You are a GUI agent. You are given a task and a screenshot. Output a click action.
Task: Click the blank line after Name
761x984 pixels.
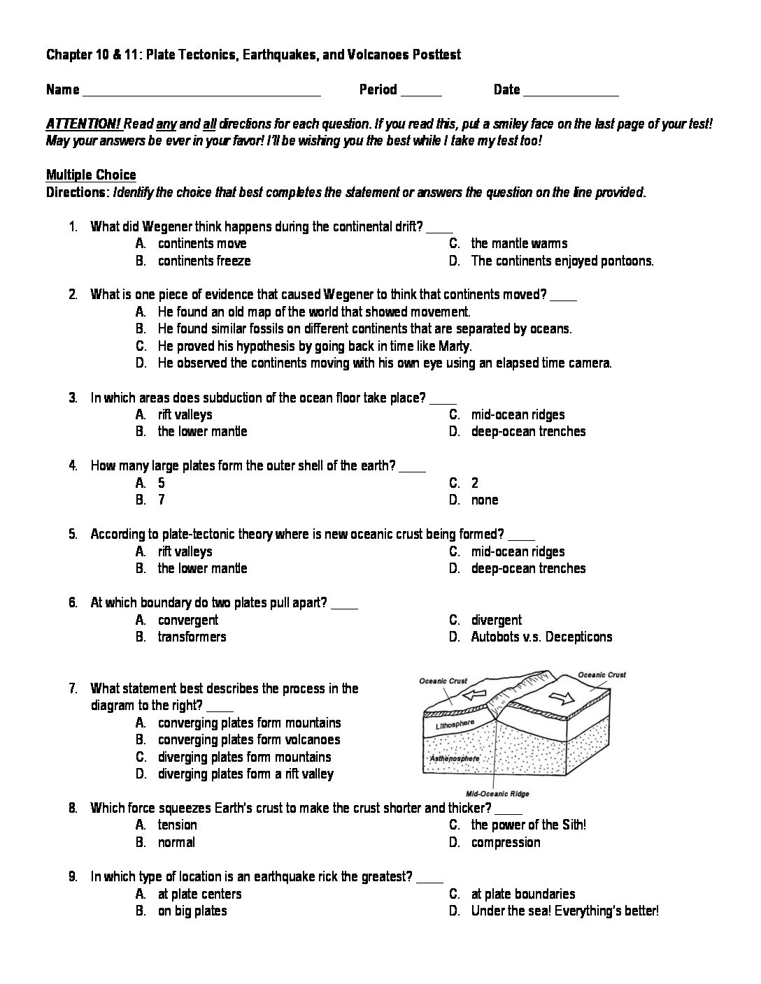click(x=201, y=92)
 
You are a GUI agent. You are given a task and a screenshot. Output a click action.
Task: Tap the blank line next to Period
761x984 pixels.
click(x=422, y=92)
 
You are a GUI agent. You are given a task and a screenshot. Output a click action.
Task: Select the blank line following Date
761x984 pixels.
click(x=571, y=92)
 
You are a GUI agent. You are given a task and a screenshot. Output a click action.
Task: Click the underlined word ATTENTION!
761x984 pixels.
click(x=84, y=124)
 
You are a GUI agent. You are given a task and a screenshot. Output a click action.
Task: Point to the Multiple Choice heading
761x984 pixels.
click(x=91, y=175)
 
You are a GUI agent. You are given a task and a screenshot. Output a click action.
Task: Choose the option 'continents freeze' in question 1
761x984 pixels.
click(x=204, y=261)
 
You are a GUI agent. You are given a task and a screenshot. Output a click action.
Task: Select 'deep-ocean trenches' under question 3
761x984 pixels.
click(x=528, y=431)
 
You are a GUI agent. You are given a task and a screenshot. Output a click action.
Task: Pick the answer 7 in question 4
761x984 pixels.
click(x=162, y=500)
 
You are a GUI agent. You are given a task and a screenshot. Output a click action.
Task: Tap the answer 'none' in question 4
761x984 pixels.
click(x=485, y=500)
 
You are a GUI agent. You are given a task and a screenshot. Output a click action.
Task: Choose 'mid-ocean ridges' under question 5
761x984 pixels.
click(x=518, y=551)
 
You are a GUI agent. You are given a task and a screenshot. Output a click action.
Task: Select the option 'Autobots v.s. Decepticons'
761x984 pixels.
click(x=541, y=637)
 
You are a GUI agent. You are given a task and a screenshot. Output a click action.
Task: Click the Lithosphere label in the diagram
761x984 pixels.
click(x=455, y=726)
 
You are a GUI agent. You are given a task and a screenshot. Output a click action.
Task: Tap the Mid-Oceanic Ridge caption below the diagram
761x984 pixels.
click(x=497, y=794)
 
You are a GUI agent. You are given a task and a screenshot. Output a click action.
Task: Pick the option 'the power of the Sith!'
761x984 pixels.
click(x=528, y=825)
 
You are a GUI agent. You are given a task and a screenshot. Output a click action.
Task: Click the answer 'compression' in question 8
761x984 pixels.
click(x=506, y=842)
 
